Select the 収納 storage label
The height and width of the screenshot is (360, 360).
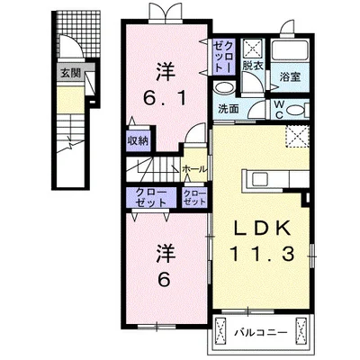point(137,140)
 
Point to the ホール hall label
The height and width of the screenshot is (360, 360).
point(193,168)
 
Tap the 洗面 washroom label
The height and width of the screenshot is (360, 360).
point(229,109)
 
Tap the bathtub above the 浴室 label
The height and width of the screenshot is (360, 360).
point(290,50)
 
